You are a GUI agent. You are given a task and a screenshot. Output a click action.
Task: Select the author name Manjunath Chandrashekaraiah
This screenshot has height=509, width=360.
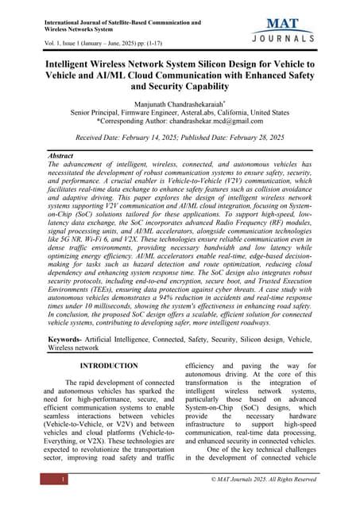[x=179, y=103]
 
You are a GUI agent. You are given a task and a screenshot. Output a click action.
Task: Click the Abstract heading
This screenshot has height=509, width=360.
[x=61, y=157]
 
